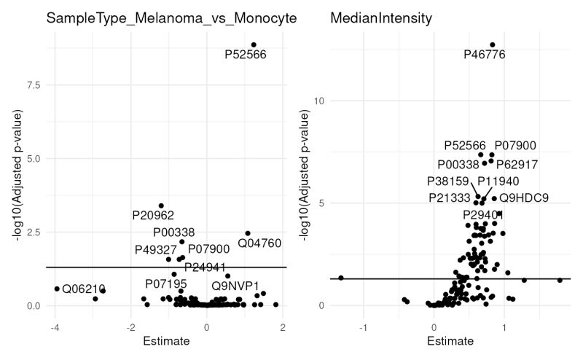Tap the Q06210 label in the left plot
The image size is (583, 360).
coord(84,289)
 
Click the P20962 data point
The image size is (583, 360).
coord(161,206)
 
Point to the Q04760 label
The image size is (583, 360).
coord(259,243)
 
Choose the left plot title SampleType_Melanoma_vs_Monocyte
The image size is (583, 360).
coord(171,17)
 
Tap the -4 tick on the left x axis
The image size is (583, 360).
coord(54,325)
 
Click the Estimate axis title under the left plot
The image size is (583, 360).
coord(167,341)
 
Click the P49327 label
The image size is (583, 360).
coord(156,250)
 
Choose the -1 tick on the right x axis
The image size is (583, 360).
coord(363,325)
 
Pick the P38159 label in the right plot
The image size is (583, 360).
coord(448,181)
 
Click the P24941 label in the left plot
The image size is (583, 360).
coord(206,266)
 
